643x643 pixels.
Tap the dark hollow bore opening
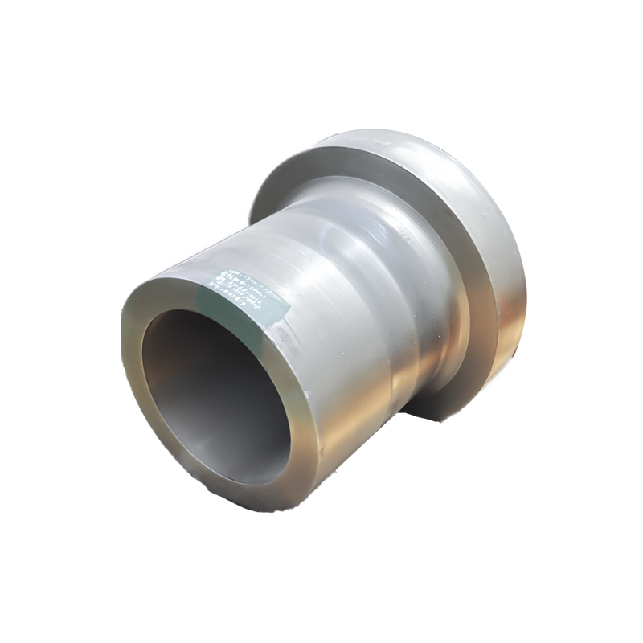click(x=213, y=394)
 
